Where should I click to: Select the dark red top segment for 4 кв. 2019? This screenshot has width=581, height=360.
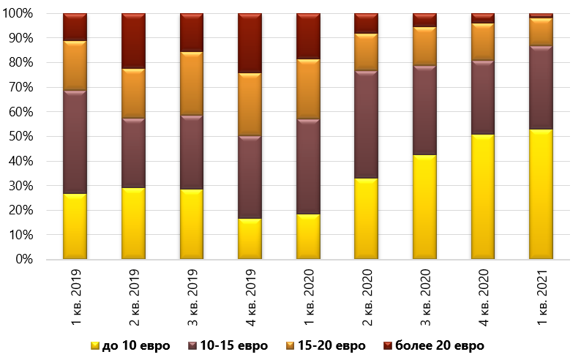click(250, 43)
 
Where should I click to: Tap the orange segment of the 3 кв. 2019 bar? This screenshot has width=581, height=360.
click(192, 83)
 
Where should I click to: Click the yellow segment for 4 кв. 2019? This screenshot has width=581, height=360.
click(250, 239)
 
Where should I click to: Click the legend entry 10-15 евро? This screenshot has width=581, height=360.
click(229, 345)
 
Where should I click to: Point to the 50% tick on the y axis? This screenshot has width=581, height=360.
click(31, 137)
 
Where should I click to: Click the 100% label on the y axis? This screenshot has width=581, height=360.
click(29, 14)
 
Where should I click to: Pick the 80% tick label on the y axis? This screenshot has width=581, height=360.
click(31, 63)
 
